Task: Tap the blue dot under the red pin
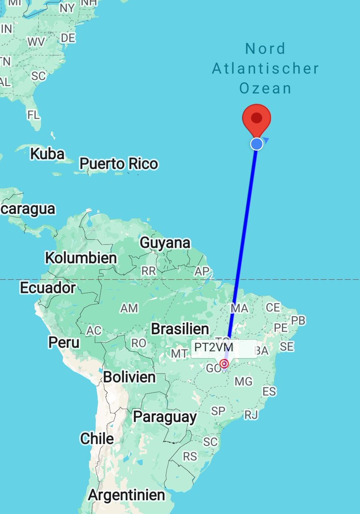[x=257, y=144]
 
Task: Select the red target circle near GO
[x=224, y=364]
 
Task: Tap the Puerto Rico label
[x=119, y=164]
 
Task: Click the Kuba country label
[x=47, y=154]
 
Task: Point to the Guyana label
[x=165, y=243]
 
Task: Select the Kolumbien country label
[x=80, y=258]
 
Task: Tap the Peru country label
[x=64, y=342]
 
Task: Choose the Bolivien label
[x=129, y=377]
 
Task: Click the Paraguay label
[x=165, y=416]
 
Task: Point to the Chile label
[x=97, y=439]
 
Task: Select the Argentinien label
[x=126, y=495]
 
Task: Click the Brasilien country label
[x=180, y=329]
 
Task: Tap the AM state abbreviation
[x=129, y=308]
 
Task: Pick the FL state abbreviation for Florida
[x=33, y=115]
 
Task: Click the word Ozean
[x=265, y=88]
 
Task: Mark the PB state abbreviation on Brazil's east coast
[x=298, y=320]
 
